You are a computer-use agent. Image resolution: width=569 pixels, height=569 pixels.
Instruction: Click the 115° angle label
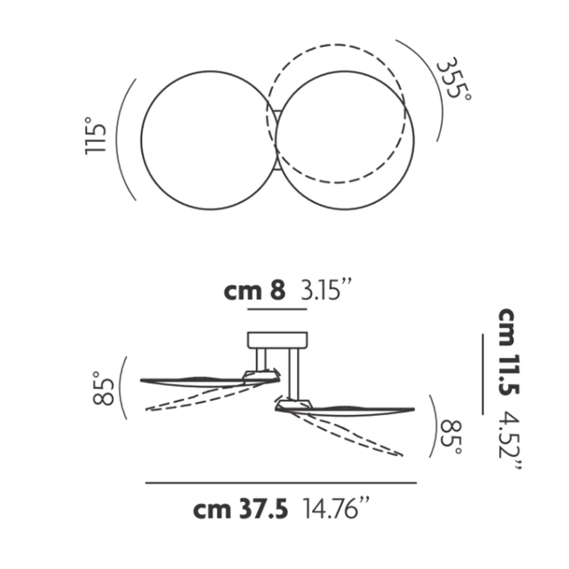pos(96,136)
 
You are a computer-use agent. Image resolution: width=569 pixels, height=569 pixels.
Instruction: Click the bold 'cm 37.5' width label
pos(240,509)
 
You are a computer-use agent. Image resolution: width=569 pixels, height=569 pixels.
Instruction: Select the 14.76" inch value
pos(336,509)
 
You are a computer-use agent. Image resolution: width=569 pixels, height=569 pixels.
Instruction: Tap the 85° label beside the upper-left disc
pos(104,388)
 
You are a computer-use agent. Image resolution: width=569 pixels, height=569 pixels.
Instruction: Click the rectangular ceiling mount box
pos(278,340)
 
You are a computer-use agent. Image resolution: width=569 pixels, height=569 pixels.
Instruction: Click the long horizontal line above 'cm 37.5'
pos(281,483)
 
